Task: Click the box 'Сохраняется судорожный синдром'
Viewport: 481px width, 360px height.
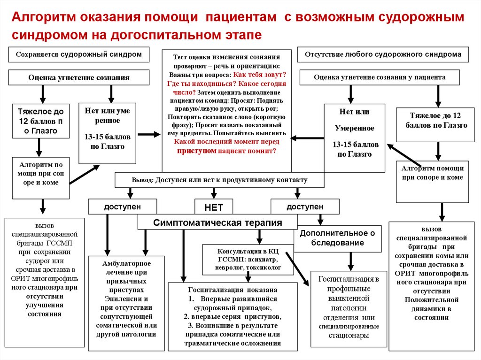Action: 79,54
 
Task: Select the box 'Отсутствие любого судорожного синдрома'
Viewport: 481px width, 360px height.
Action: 383,54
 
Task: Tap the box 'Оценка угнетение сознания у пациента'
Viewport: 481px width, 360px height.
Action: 380,77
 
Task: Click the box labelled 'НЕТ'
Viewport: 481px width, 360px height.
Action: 214,207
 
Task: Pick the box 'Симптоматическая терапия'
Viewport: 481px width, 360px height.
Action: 217,222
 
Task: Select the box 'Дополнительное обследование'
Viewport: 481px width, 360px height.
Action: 338,238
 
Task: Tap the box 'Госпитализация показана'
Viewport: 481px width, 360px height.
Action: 233,316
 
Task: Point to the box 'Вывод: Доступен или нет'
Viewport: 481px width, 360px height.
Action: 219,180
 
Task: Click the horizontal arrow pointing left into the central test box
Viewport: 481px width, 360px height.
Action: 308,138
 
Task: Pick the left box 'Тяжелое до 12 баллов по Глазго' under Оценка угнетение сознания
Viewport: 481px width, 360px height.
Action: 40,122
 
